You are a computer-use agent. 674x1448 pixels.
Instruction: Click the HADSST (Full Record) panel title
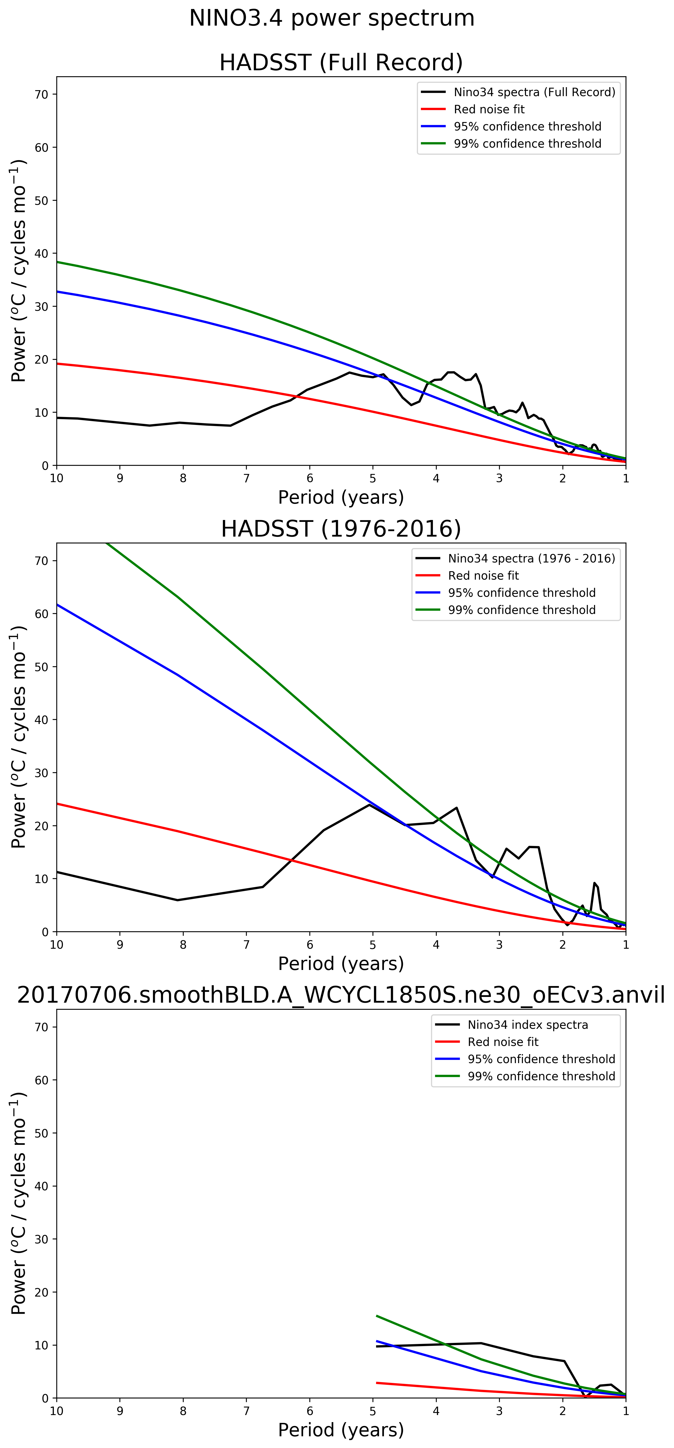pyautogui.click(x=341, y=62)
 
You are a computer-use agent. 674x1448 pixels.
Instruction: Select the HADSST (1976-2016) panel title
pyautogui.click(x=341, y=529)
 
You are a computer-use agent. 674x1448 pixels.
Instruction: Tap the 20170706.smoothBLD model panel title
pyautogui.click(x=341, y=995)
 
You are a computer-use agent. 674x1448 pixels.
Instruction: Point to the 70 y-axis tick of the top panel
pyautogui.click(x=42, y=95)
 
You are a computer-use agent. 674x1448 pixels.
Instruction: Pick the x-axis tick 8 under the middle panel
pyautogui.click(x=183, y=945)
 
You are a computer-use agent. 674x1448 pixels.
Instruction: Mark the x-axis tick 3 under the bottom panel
pyautogui.click(x=499, y=1411)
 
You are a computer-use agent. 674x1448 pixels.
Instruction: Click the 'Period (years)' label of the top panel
pyautogui.click(x=341, y=497)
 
